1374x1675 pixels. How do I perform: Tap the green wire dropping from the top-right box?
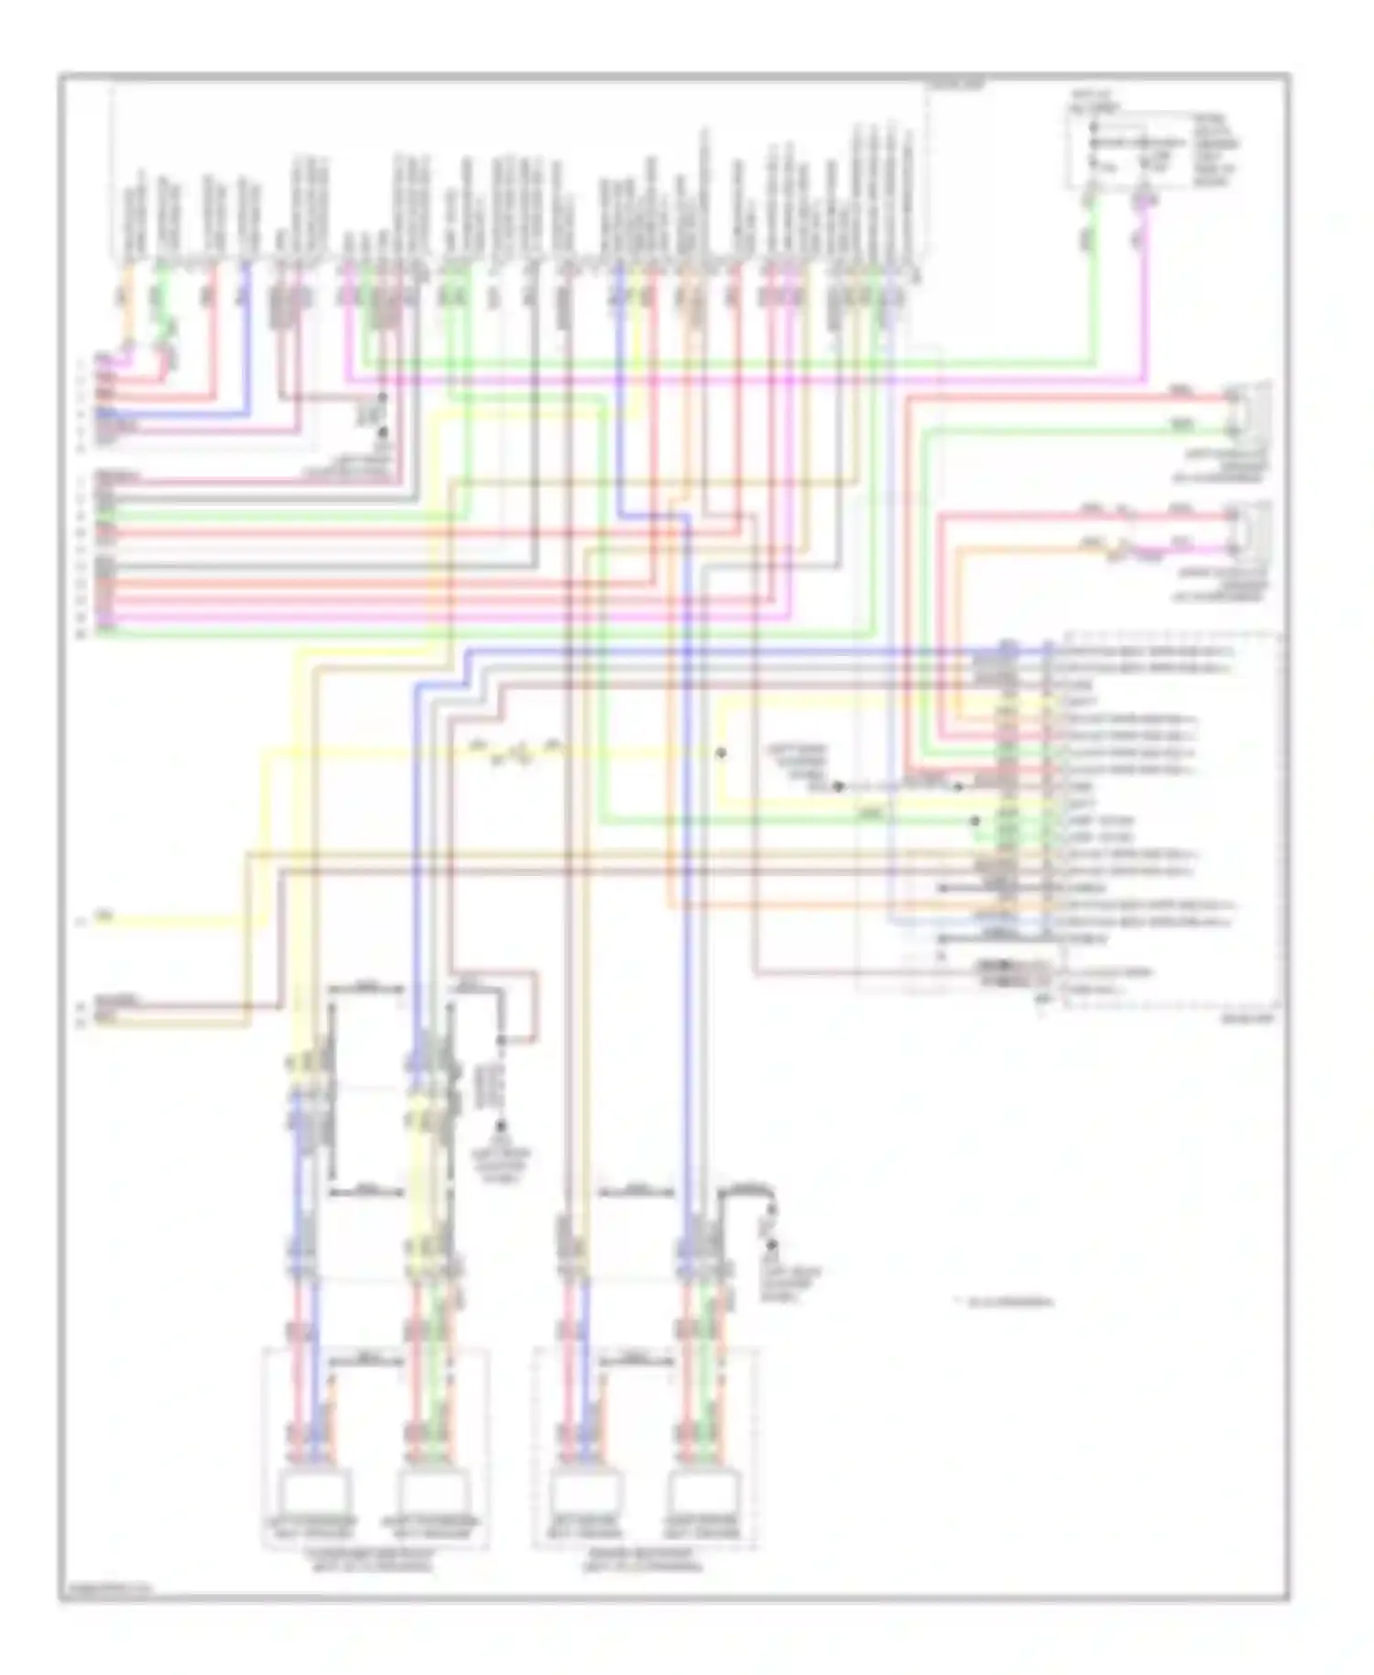click(x=1091, y=275)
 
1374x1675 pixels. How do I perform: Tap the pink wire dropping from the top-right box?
click(x=1144, y=275)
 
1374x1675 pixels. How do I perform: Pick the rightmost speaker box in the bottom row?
click(x=703, y=1497)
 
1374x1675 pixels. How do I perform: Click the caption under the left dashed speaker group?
click(x=376, y=1562)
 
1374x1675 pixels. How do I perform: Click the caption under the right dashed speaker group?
click(x=644, y=1562)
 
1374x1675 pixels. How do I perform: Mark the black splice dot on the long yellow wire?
click(x=721, y=752)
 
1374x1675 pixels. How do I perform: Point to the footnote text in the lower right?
click(x=1007, y=1301)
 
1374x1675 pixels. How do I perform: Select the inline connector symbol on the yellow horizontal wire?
click(x=513, y=753)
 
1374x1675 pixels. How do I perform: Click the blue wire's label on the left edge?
click(x=104, y=414)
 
